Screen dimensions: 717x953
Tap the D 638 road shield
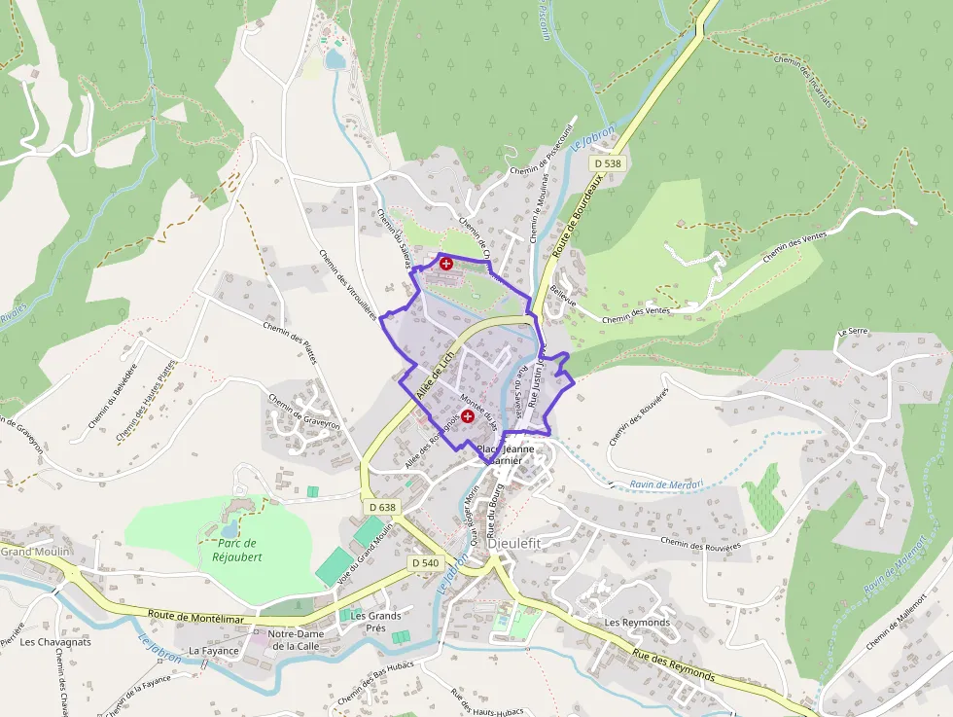(x=383, y=507)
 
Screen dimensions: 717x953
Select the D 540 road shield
(x=425, y=562)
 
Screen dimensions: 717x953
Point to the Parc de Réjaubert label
(x=233, y=551)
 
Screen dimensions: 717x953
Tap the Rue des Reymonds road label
(x=673, y=666)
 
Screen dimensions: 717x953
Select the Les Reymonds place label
(x=637, y=622)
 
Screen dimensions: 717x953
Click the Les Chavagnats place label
(x=55, y=642)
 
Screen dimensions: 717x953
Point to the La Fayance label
(x=213, y=650)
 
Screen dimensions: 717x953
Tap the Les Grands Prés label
(x=375, y=622)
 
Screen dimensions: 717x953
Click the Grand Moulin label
(x=31, y=552)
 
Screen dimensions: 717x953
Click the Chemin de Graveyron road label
(x=302, y=411)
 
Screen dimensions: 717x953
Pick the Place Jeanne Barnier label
(x=506, y=455)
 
